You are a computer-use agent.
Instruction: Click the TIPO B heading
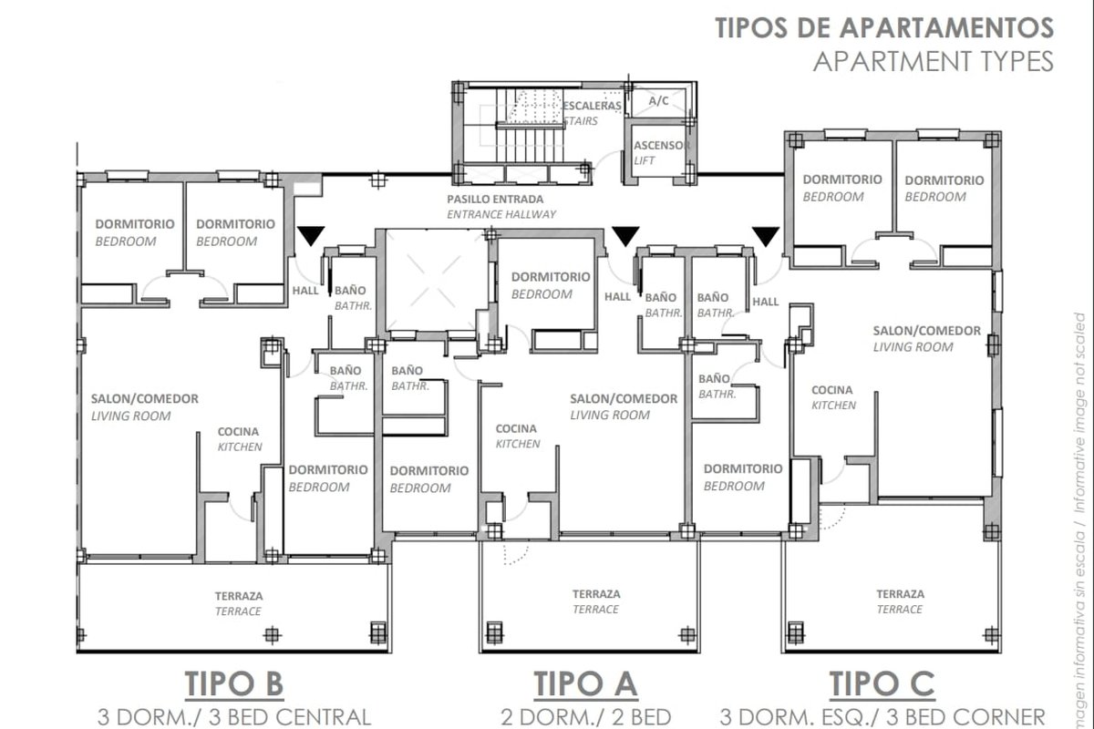(234, 683)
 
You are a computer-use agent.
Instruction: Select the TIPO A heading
(585, 683)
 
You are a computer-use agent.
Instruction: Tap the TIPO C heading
(882, 683)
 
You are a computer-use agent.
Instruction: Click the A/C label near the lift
(659, 101)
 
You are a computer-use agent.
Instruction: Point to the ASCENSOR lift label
(662, 145)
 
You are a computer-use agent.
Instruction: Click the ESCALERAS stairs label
(592, 106)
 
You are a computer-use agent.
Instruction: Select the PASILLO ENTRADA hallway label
(495, 200)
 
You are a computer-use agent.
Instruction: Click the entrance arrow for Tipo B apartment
(311, 236)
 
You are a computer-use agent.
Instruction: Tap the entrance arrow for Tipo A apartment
(625, 236)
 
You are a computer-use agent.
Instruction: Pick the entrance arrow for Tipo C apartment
(765, 236)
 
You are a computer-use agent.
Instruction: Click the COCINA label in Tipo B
(238, 432)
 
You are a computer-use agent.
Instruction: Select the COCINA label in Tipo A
(516, 428)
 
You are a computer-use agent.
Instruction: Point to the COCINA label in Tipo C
(832, 390)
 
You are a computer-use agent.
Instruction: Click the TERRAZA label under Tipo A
(596, 594)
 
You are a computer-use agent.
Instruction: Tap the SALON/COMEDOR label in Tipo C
(927, 331)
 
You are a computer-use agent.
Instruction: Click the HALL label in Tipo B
(305, 291)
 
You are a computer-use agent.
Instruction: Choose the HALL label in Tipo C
(765, 302)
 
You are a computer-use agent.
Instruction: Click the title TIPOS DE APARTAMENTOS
(884, 27)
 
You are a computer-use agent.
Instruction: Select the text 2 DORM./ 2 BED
(585, 717)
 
